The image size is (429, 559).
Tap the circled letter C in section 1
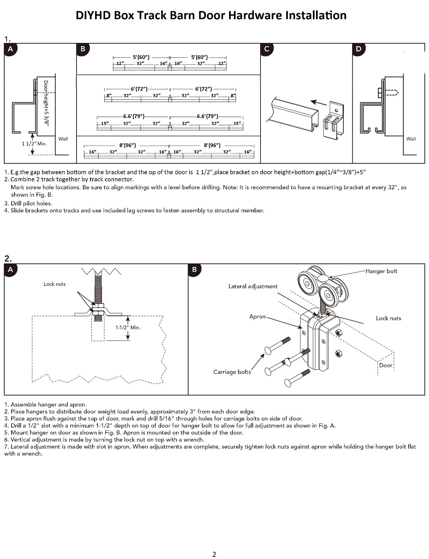click(x=267, y=49)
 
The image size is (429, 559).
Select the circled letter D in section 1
click(x=359, y=49)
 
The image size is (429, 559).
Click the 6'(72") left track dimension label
click(x=139, y=89)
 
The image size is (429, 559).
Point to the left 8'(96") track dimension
click(x=128, y=145)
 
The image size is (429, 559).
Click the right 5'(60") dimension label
click(x=199, y=57)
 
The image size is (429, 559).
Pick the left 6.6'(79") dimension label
click(x=134, y=116)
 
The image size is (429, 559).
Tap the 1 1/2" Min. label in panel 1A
click(x=34, y=144)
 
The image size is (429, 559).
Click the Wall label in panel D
click(x=411, y=139)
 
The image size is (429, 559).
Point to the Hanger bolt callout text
click(x=381, y=271)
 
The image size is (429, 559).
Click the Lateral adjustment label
click(x=253, y=286)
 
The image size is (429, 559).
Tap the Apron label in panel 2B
click(x=257, y=317)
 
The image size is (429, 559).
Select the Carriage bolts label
click(x=232, y=372)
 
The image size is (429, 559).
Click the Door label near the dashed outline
click(x=386, y=365)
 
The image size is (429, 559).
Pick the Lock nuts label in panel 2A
click(x=55, y=284)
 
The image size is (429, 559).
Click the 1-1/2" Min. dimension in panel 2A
click(x=128, y=328)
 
